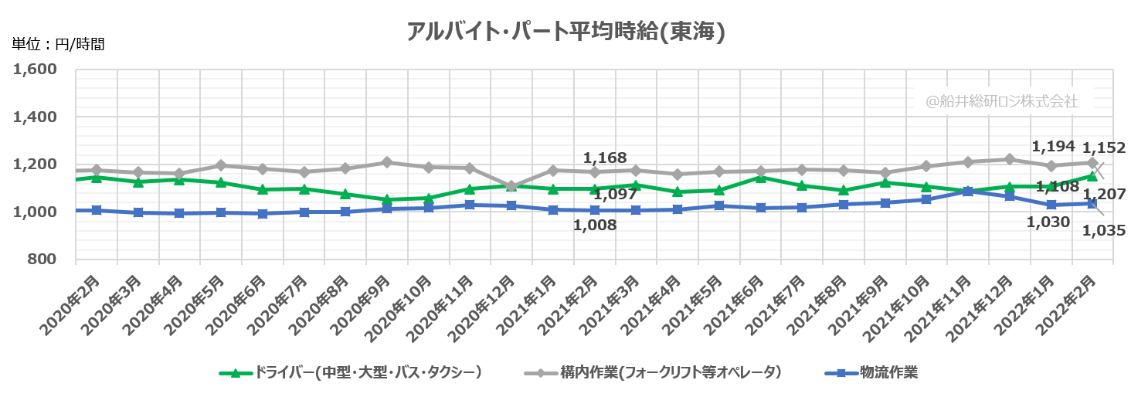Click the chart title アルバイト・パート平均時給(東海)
pyautogui.click(x=565, y=32)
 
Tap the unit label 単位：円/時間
pyautogui.click(x=58, y=44)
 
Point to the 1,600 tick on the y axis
pyautogui.click(x=36, y=70)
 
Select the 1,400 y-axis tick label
pyautogui.click(x=36, y=117)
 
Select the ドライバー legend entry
pyautogui.click(x=352, y=373)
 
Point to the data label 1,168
pyautogui.click(x=604, y=158)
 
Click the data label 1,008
pyautogui.click(x=594, y=225)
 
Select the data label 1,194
pyautogui.click(x=1054, y=146)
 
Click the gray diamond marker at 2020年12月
pyautogui.click(x=511, y=186)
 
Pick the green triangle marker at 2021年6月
pyautogui.click(x=761, y=178)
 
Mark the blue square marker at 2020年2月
pyautogui.click(x=97, y=210)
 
